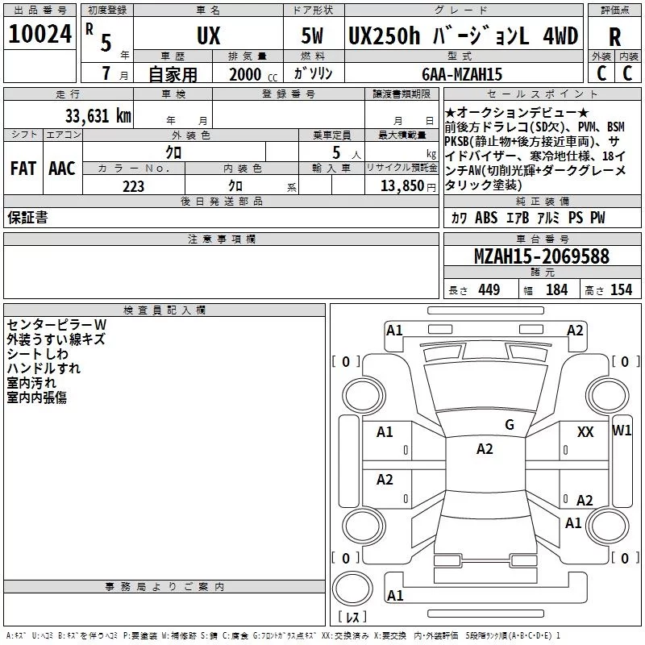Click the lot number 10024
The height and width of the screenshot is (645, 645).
pyautogui.click(x=40, y=34)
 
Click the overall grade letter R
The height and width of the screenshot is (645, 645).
pyautogui.click(x=614, y=37)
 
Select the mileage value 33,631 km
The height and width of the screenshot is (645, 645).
pyautogui.click(x=98, y=115)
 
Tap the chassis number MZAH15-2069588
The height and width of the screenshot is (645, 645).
pyautogui.click(x=542, y=256)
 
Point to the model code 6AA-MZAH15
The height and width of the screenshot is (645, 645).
pyautogui.click(x=462, y=74)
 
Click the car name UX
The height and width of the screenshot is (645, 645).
pyautogui.click(x=209, y=35)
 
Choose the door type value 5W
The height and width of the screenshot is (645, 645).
pyautogui.click(x=312, y=35)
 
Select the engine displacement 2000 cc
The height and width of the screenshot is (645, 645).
pyautogui.click(x=253, y=75)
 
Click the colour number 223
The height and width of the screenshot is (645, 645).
pyautogui.click(x=133, y=186)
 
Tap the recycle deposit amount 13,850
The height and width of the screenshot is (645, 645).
pyautogui.click(x=402, y=186)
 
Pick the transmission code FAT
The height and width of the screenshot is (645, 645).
pyautogui.click(x=23, y=169)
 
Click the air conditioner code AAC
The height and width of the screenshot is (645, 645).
pyautogui.click(x=62, y=169)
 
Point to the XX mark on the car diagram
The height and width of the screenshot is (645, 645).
pyautogui.click(x=585, y=432)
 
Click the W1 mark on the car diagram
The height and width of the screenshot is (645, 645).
pyautogui.click(x=622, y=431)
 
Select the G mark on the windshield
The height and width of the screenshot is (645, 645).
pyautogui.click(x=510, y=425)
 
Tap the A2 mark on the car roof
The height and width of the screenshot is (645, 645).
pyautogui.click(x=485, y=449)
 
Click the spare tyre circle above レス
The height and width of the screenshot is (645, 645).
pyautogui.click(x=352, y=589)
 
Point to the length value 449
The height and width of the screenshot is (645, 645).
pyautogui.click(x=489, y=289)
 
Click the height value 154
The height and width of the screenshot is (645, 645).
pyautogui.click(x=621, y=289)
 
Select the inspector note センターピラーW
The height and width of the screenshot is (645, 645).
pyautogui.click(x=56, y=325)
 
